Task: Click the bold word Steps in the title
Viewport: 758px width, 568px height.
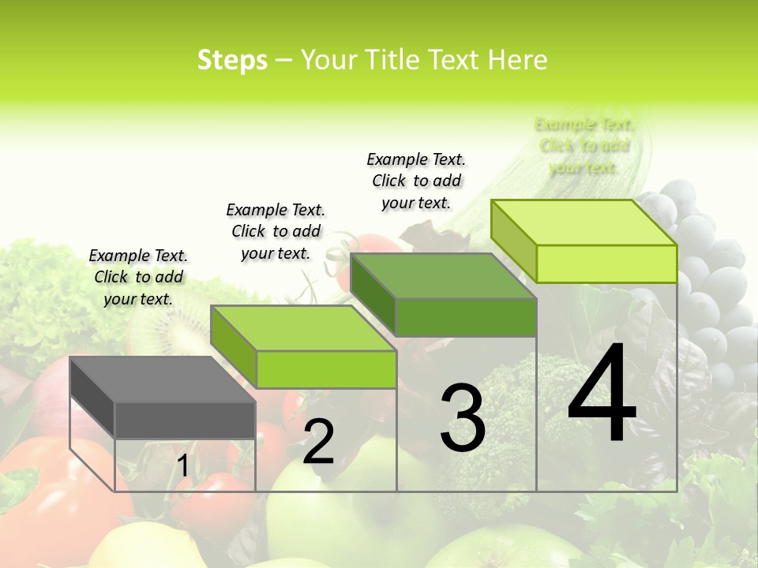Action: (232, 60)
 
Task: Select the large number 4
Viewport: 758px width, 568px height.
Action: (602, 394)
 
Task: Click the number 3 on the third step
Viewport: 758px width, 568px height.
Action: (463, 418)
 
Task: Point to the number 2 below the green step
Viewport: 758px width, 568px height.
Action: (318, 442)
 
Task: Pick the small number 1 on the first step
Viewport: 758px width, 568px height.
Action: (182, 466)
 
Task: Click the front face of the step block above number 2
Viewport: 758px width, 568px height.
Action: (326, 369)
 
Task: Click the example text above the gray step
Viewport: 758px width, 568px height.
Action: (138, 277)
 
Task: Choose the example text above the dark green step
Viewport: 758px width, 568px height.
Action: (416, 181)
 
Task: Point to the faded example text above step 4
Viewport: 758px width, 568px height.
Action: (584, 145)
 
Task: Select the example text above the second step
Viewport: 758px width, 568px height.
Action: (276, 231)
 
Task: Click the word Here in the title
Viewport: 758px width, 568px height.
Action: (518, 60)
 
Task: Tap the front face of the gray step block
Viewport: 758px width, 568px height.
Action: (185, 420)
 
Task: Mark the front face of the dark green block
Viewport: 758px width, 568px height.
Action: (466, 317)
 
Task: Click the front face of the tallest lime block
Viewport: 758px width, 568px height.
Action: (606, 263)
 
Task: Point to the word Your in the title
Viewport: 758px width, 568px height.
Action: (330, 60)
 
